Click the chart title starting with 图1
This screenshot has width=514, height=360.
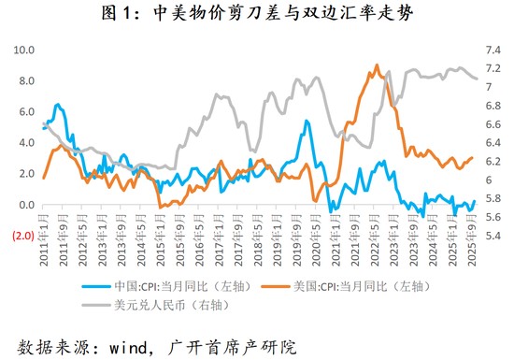click(x=257, y=14)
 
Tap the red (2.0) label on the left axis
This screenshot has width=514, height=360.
click(x=23, y=236)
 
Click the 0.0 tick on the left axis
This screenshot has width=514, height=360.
click(x=28, y=205)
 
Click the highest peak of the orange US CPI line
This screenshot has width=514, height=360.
click(x=377, y=65)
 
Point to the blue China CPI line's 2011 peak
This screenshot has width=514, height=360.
click(x=59, y=105)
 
